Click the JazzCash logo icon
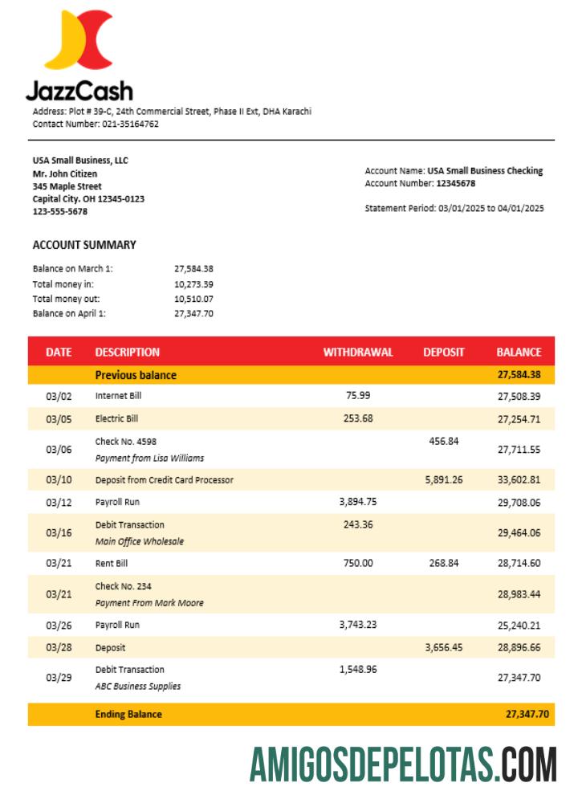pyautogui.click(x=78, y=40)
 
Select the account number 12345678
pyautogui.click(x=455, y=184)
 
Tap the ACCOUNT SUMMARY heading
pyautogui.click(x=84, y=245)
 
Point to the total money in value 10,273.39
pyautogui.click(x=193, y=284)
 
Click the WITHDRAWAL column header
pyautogui.click(x=358, y=352)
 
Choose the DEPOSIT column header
pyautogui.click(x=444, y=352)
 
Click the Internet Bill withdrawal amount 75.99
pyautogui.click(x=358, y=396)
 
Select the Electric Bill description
pyautogui.click(x=116, y=418)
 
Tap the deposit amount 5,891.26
pyautogui.click(x=444, y=480)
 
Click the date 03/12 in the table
pyautogui.click(x=59, y=503)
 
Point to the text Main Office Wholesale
pyautogui.click(x=140, y=542)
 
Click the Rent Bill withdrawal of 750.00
pyautogui.click(x=358, y=564)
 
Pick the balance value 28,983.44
pyautogui.click(x=519, y=595)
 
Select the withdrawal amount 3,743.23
pyautogui.click(x=358, y=625)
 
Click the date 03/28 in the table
pyautogui.click(x=59, y=647)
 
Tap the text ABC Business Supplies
pyautogui.click(x=138, y=687)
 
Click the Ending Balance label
pyautogui.click(x=128, y=714)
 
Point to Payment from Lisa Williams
pyautogui.click(x=149, y=459)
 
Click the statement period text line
pyautogui.click(x=454, y=208)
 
